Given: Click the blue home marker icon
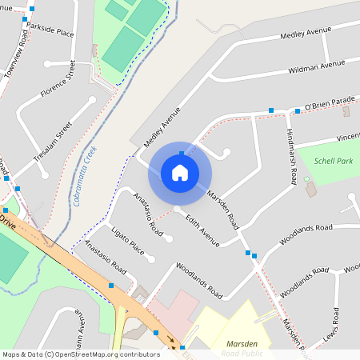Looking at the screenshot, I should tap(180, 172).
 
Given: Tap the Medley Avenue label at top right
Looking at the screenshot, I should tap(305, 34).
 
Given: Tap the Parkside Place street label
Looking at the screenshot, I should tap(50, 30).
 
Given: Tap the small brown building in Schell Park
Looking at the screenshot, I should tap(310, 190).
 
